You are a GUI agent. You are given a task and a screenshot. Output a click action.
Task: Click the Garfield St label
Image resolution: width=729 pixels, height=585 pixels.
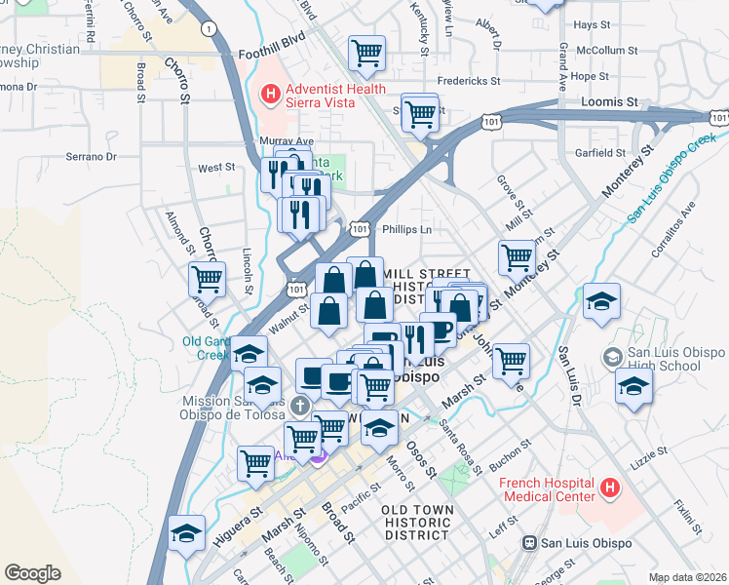[x=600, y=153]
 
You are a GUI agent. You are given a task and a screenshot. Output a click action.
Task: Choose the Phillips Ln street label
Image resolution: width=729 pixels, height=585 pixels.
[x=406, y=229]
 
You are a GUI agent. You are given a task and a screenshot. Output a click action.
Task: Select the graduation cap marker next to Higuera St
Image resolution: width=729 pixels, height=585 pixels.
[x=186, y=533]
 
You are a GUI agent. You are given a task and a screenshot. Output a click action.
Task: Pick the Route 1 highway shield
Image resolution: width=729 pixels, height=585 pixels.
[x=208, y=30]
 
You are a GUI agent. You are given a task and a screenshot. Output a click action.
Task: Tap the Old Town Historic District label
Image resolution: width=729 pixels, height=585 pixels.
[x=415, y=523]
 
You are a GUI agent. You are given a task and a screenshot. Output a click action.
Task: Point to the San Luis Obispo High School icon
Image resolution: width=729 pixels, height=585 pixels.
[x=612, y=357]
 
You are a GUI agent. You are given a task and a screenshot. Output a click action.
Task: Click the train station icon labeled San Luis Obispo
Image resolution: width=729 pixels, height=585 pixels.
[x=529, y=543]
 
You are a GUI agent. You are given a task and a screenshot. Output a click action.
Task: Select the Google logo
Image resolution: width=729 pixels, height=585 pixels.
[x=32, y=573]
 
